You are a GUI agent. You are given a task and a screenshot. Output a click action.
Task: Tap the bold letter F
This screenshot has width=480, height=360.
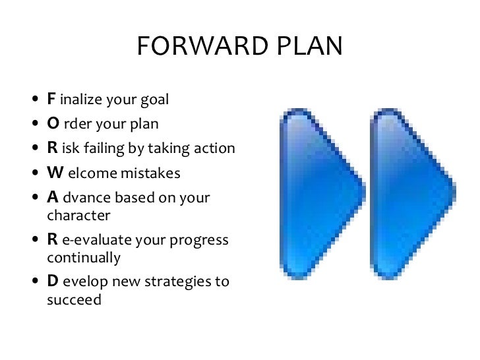50,100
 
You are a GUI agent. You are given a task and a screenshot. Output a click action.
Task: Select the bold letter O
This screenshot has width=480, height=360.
51,124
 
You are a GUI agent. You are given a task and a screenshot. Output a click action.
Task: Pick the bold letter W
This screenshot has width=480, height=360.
53,173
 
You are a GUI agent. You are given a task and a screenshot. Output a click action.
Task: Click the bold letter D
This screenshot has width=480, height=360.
51,282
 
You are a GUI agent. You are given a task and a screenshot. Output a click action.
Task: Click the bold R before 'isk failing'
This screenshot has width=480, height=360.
51,148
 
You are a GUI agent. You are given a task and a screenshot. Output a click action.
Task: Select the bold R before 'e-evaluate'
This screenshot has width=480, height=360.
51,240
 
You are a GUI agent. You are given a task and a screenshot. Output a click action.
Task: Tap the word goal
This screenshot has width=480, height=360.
155,101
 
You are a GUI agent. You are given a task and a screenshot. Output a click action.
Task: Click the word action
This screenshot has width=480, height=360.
215,149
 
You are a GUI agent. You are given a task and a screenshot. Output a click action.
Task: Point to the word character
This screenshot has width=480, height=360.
77,216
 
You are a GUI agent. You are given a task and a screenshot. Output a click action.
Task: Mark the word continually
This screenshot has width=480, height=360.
84,258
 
